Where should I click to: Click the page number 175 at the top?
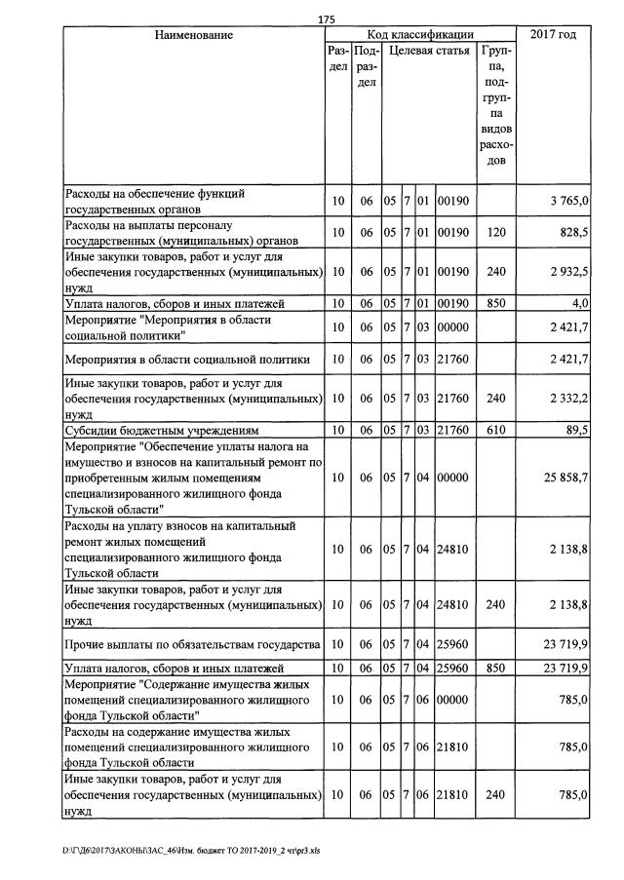(x=327, y=19)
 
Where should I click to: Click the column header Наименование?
(x=194, y=35)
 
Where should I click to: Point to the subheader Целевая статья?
(x=427, y=50)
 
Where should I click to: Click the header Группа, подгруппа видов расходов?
(x=495, y=104)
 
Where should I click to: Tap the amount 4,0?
(x=580, y=303)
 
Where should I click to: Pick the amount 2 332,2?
(x=568, y=398)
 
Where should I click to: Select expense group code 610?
(x=495, y=429)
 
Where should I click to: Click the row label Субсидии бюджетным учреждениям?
(x=161, y=429)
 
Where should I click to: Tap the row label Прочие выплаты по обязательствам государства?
(x=192, y=645)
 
